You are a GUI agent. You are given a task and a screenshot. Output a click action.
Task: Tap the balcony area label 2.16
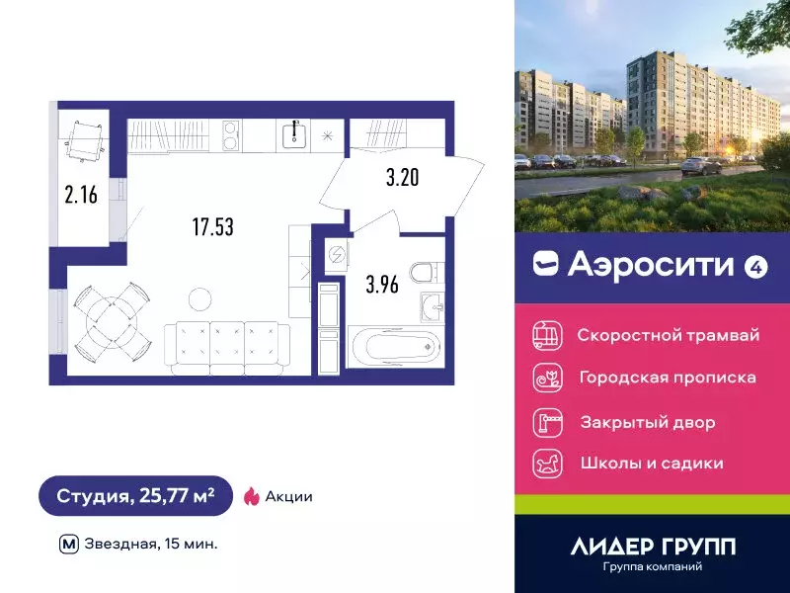click(81, 195)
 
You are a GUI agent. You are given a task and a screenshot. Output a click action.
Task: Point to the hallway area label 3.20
click(402, 179)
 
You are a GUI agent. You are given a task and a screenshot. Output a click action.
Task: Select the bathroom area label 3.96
click(381, 287)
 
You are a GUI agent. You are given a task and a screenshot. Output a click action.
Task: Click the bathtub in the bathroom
click(393, 345)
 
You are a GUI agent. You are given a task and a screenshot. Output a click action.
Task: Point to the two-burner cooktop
click(231, 133)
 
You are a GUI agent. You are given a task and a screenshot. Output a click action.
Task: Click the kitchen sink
click(295, 133)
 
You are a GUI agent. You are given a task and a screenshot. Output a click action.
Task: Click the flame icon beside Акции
click(251, 496)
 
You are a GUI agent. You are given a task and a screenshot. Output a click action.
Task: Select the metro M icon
click(68, 543)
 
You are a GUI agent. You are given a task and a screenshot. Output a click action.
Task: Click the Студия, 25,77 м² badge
click(135, 495)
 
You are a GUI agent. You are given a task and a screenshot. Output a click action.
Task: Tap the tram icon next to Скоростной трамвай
click(546, 335)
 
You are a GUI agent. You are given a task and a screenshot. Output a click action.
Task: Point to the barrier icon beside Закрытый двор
click(546, 421)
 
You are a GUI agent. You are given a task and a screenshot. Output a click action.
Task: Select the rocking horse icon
click(546, 463)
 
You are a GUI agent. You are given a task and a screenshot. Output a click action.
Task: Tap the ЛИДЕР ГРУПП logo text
click(653, 546)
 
